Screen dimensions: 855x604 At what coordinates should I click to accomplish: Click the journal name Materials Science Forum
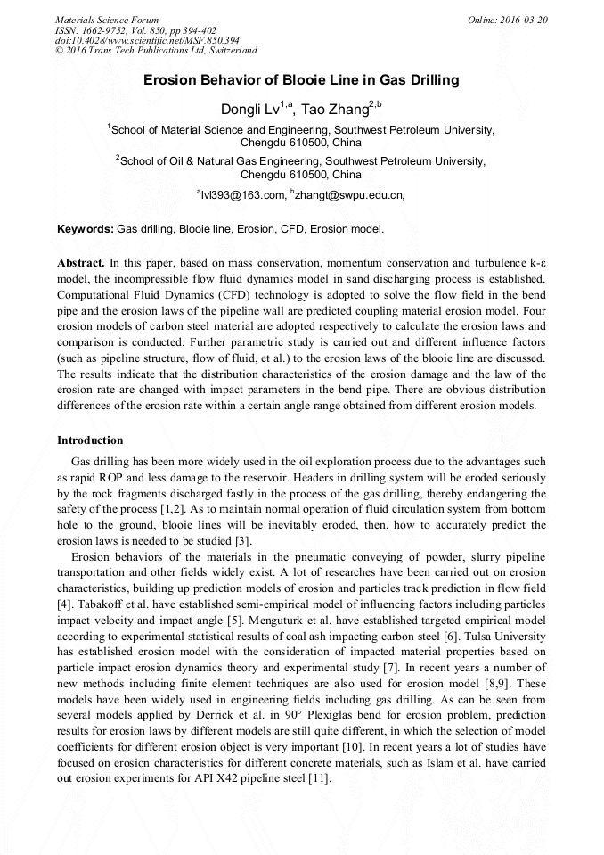[107, 19]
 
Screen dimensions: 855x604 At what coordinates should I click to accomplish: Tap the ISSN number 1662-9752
[106, 29]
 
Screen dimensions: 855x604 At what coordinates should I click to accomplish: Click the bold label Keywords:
[86, 229]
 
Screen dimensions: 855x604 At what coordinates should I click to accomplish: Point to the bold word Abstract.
[80, 265]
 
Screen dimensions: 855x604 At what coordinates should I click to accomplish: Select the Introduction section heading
[90, 440]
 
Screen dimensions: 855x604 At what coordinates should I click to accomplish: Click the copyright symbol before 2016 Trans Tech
[59, 51]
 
